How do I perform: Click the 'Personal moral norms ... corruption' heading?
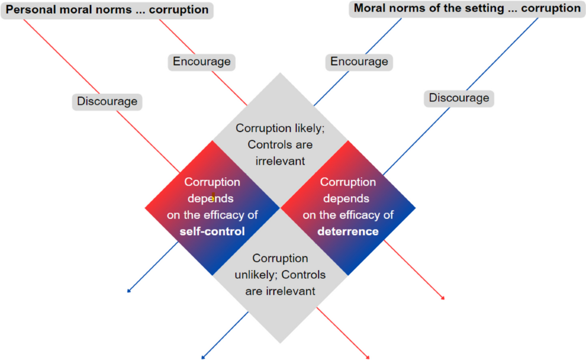(107, 10)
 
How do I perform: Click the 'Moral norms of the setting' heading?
(467, 9)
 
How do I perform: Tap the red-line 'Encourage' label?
(202, 62)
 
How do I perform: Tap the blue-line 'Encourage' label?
(359, 62)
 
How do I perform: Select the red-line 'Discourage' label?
(107, 102)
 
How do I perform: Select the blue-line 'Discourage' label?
(459, 98)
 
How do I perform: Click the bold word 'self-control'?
(212, 231)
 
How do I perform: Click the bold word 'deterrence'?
(348, 231)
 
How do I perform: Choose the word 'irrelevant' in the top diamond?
(280, 161)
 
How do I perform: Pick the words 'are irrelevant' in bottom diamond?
(280, 291)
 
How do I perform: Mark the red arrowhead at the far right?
(443, 298)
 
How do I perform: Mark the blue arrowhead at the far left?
(128, 292)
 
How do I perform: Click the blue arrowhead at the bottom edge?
(203, 358)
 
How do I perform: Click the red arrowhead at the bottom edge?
(368, 358)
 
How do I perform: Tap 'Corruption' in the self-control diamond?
(212, 182)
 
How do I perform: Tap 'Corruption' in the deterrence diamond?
(348, 182)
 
